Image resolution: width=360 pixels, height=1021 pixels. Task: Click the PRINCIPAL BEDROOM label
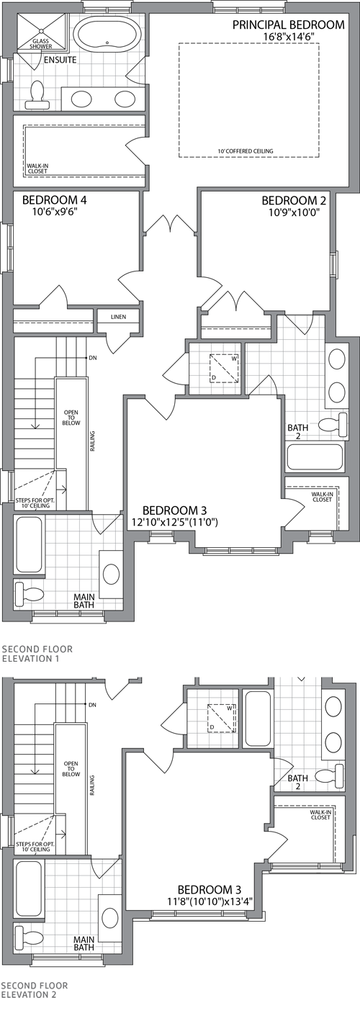click(x=288, y=25)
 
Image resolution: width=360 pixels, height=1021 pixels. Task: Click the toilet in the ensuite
click(x=37, y=94)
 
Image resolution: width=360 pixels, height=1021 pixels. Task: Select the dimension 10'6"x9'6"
click(x=55, y=212)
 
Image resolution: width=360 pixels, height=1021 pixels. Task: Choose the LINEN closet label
click(x=118, y=317)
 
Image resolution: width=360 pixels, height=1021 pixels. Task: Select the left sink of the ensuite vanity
click(x=81, y=98)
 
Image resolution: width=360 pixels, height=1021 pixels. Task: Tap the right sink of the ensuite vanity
click(x=125, y=98)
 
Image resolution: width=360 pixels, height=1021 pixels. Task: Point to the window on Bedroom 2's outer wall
click(x=333, y=264)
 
